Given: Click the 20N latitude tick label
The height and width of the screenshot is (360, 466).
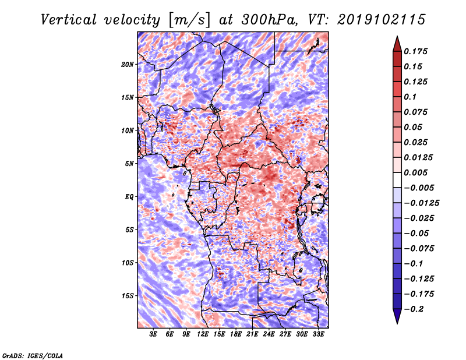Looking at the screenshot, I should [128, 64].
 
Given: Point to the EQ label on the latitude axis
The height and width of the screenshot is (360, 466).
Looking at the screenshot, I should [129, 196].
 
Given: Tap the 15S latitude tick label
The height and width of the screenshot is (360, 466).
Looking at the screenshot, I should [128, 295].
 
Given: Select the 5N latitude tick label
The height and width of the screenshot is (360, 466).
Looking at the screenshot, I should [129, 163].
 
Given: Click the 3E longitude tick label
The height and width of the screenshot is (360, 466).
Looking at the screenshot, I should [154, 334].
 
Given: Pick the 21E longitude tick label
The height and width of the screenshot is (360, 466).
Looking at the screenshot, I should [252, 334].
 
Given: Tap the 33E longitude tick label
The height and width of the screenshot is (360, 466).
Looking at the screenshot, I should [318, 334].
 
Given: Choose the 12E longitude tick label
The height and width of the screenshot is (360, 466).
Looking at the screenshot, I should [203, 334].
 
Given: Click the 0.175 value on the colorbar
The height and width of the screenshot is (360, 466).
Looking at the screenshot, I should [417, 51].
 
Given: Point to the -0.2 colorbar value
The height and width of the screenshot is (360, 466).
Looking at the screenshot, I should [415, 309].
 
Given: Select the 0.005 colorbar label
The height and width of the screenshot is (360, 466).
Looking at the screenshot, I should [417, 172].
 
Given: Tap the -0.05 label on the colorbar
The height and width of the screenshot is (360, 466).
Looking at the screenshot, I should [416, 233].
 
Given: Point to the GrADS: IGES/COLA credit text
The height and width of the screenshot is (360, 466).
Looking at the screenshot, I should [32, 355].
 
